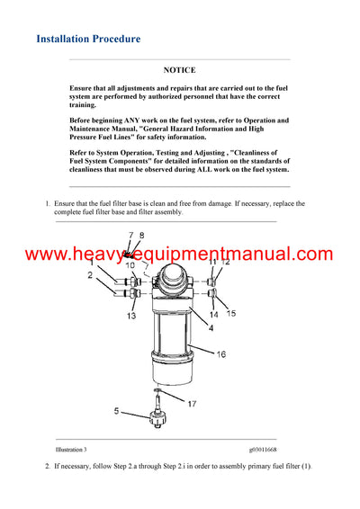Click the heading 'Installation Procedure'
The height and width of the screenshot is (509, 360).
click(x=88, y=40)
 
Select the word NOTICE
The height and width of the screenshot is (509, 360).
click(x=179, y=69)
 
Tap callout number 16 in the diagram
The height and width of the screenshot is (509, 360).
click(x=220, y=354)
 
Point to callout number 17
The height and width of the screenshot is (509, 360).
click(x=191, y=403)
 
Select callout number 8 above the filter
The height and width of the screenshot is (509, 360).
click(x=140, y=236)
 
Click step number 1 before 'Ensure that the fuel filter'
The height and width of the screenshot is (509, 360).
click(x=48, y=204)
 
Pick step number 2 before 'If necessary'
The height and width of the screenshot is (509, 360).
click(x=48, y=467)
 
